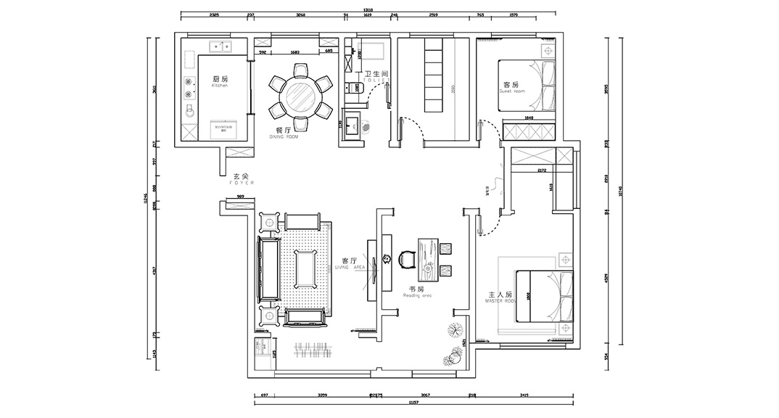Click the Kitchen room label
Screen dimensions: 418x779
[x=220, y=81]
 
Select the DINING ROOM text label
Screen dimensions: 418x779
[x=284, y=133]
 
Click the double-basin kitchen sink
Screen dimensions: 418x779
[x=219, y=49]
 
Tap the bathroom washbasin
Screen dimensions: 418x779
[x=353, y=123]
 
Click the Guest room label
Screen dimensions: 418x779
[x=511, y=88]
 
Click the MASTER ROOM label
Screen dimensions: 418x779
[x=500, y=297]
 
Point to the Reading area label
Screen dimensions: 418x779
[x=417, y=292]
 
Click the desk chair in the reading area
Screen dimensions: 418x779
[x=405, y=258]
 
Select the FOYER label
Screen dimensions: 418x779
[x=240, y=179]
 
